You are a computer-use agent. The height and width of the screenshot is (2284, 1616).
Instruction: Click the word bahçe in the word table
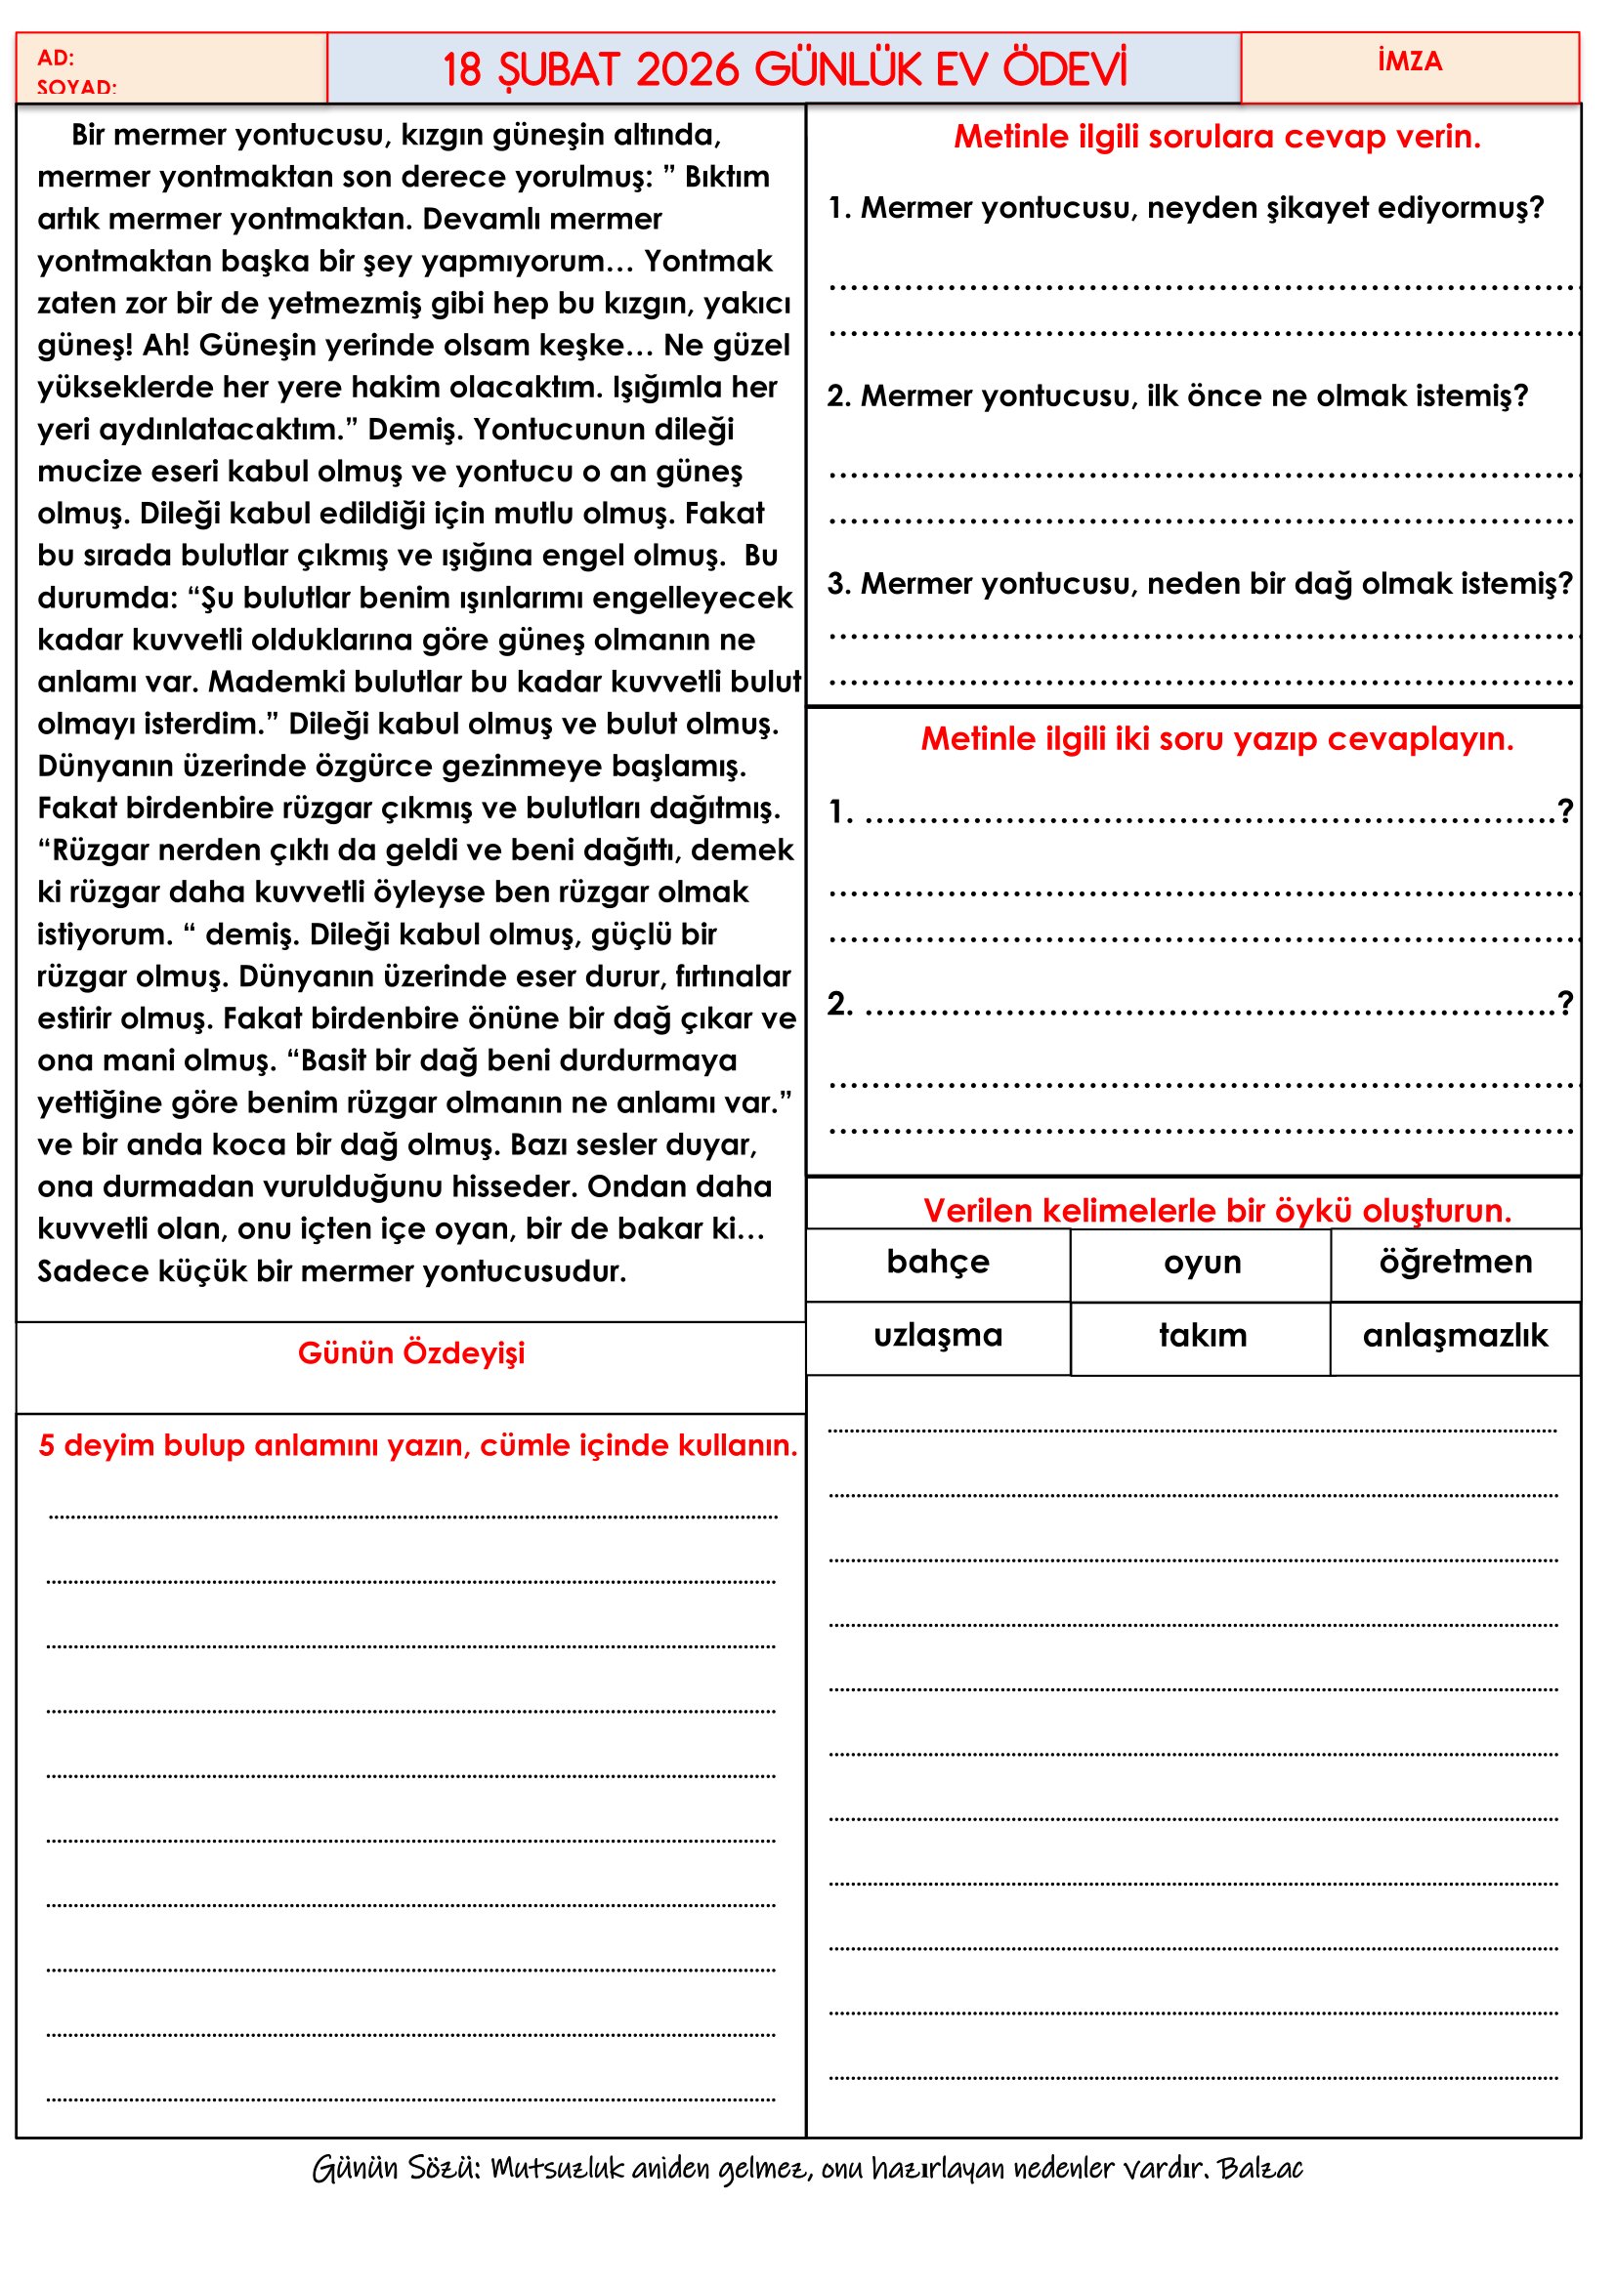click(x=937, y=1263)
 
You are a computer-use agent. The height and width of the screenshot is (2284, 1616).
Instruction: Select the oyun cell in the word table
click(x=1202, y=1263)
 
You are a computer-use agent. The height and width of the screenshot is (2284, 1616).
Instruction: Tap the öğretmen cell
click(x=1455, y=1263)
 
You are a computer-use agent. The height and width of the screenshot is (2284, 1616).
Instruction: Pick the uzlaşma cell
click(x=937, y=1335)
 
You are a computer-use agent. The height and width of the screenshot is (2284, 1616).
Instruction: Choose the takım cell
click(x=1202, y=1335)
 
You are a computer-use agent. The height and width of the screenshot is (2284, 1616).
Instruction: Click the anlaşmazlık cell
click(x=1455, y=1335)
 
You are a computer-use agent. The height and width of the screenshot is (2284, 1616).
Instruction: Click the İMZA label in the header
click(x=1409, y=62)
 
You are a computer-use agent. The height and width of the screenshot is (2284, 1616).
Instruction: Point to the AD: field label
click(x=56, y=58)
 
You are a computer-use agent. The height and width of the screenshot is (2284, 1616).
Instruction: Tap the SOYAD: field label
click(x=76, y=88)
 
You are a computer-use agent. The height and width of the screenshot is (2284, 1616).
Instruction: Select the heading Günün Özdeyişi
click(x=411, y=1352)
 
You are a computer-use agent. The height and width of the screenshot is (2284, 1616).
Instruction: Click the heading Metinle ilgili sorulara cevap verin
click(x=1216, y=137)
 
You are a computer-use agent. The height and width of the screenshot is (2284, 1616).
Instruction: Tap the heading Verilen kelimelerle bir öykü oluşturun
click(x=1216, y=1211)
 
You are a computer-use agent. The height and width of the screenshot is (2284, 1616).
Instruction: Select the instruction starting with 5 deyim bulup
click(x=418, y=1445)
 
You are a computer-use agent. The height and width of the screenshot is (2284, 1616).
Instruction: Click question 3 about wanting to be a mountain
click(x=1199, y=584)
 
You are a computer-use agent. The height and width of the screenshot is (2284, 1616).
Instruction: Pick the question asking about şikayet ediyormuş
click(x=1185, y=208)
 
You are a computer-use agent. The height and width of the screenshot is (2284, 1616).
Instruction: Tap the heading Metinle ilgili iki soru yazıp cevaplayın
click(x=1216, y=738)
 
